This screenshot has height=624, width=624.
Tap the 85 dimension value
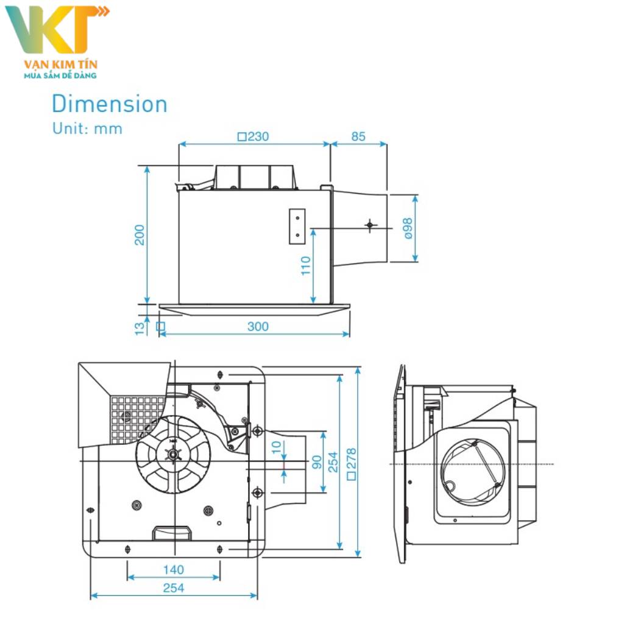click(358, 136)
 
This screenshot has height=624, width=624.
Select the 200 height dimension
click(140, 235)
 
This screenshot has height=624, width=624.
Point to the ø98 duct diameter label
click(407, 229)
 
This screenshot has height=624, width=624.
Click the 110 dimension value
click(306, 265)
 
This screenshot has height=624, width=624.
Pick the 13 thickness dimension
click(140, 327)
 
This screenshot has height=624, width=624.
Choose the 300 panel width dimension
click(258, 327)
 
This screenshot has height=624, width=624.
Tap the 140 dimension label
click(173, 570)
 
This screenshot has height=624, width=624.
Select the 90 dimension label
click(316, 462)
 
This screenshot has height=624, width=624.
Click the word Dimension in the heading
click(109, 104)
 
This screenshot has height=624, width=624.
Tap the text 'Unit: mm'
click(87, 129)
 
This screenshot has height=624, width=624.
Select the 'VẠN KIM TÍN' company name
click(60, 64)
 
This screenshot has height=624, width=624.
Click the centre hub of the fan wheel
click(174, 454)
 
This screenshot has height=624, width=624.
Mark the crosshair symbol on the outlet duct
click(370, 225)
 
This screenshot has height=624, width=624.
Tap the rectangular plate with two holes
click(297, 227)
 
